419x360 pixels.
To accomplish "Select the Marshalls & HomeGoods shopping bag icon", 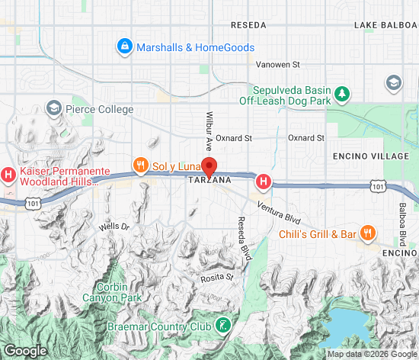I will (124, 47).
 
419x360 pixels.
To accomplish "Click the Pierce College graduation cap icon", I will (54, 109).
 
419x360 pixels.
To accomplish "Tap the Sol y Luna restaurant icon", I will (139, 165).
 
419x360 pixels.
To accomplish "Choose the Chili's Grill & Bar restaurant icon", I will (367, 233).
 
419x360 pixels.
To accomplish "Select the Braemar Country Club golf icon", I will (223, 326).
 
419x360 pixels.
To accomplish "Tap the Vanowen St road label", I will (278, 65).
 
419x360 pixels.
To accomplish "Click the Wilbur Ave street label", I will (208, 131).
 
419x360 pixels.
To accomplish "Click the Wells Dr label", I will (114, 227).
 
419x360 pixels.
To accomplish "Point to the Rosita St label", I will (216, 278).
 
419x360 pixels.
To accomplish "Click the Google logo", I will (25, 350).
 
